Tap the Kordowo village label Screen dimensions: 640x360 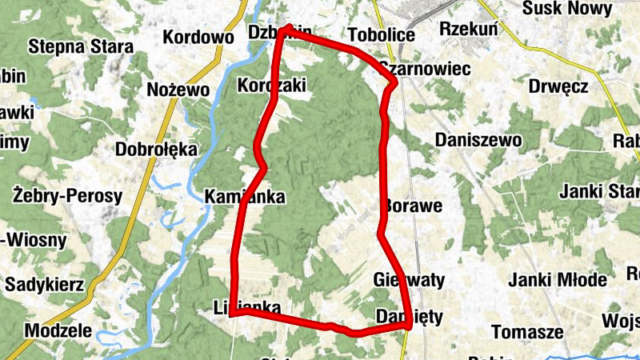click(x=198, y=37)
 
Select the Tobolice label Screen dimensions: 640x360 click(x=382, y=35)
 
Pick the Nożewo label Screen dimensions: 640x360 click(x=178, y=90)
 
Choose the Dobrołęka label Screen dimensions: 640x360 click(x=156, y=149)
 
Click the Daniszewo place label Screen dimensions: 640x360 click(x=478, y=140)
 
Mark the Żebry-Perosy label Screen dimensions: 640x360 click(x=68, y=195)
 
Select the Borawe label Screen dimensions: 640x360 click(x=413, y=206)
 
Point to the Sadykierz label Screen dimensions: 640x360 click(x=45, y=284)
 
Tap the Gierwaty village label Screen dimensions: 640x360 click(x=409, y=280)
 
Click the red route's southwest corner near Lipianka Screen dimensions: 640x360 click(x=232, y=314)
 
